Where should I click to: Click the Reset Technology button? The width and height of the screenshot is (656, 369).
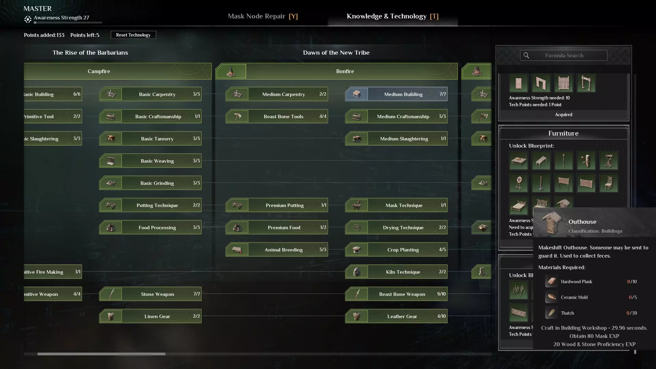(133, 35)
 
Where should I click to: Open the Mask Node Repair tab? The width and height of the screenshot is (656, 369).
(262, 16)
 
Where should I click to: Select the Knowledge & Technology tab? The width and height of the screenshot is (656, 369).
(392, 16)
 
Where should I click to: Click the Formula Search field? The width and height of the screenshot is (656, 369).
(564, 55)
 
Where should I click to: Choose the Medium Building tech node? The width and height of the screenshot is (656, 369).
(396, 94)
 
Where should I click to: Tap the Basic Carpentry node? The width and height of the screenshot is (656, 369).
(150, 94)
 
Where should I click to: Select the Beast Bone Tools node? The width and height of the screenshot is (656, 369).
(276, 117)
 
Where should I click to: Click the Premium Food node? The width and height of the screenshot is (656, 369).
(276, 228)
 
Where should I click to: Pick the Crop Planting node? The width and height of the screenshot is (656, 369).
(396, 250)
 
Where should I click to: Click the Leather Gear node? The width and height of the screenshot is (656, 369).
(396, 316)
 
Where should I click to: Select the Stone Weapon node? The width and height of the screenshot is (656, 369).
(150, 294)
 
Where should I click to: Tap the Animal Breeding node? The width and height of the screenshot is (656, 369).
(276, 250)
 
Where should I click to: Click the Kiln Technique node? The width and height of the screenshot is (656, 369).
(396, 272)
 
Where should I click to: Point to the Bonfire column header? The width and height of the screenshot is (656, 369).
(345, 71)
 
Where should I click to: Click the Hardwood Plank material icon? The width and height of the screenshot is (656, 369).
(551, 282)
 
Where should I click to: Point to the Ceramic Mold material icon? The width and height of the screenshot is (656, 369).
(551, 297)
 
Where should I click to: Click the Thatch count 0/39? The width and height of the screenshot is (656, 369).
(631, 313)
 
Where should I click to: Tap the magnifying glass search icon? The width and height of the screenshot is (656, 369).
(526, 55)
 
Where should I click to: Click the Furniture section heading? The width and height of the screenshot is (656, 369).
(563, 133)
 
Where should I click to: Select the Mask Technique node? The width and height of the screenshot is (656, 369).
(396, 205)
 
